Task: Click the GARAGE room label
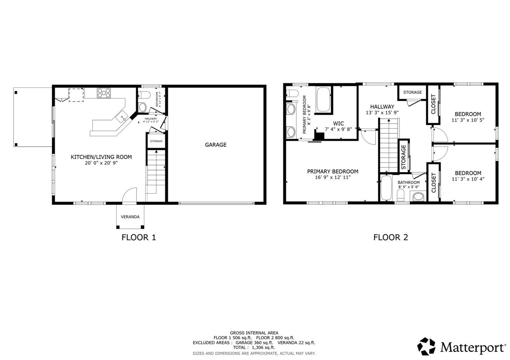click(x=215, y=145)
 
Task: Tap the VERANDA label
click(x=130, y=217)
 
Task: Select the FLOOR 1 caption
click(x=139, y=237)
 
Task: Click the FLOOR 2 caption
click(x=390, y=237)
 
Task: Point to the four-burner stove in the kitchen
click(x=104, y=93)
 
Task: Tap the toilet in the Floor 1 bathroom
click(x=144, y=95)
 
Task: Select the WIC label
click(x=338, y=124)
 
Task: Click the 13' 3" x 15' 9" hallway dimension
click(x=382, y=113)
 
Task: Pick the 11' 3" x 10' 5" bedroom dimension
click(x=468, y=120)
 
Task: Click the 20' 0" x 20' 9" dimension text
click(x=101, y=163)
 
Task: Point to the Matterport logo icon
click(x=426, y=347)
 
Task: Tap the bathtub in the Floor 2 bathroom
click(x=386, y=188)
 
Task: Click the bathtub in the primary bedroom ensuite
click(x=323, y=99)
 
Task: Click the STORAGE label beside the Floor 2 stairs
click(x=404, y=157)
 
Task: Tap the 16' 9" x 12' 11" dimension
click(x=333, y=177)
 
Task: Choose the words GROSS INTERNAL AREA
click(x=254, y=333)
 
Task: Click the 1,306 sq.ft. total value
click(x=263, y=348)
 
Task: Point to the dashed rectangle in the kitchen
click(x=76, y=95)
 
